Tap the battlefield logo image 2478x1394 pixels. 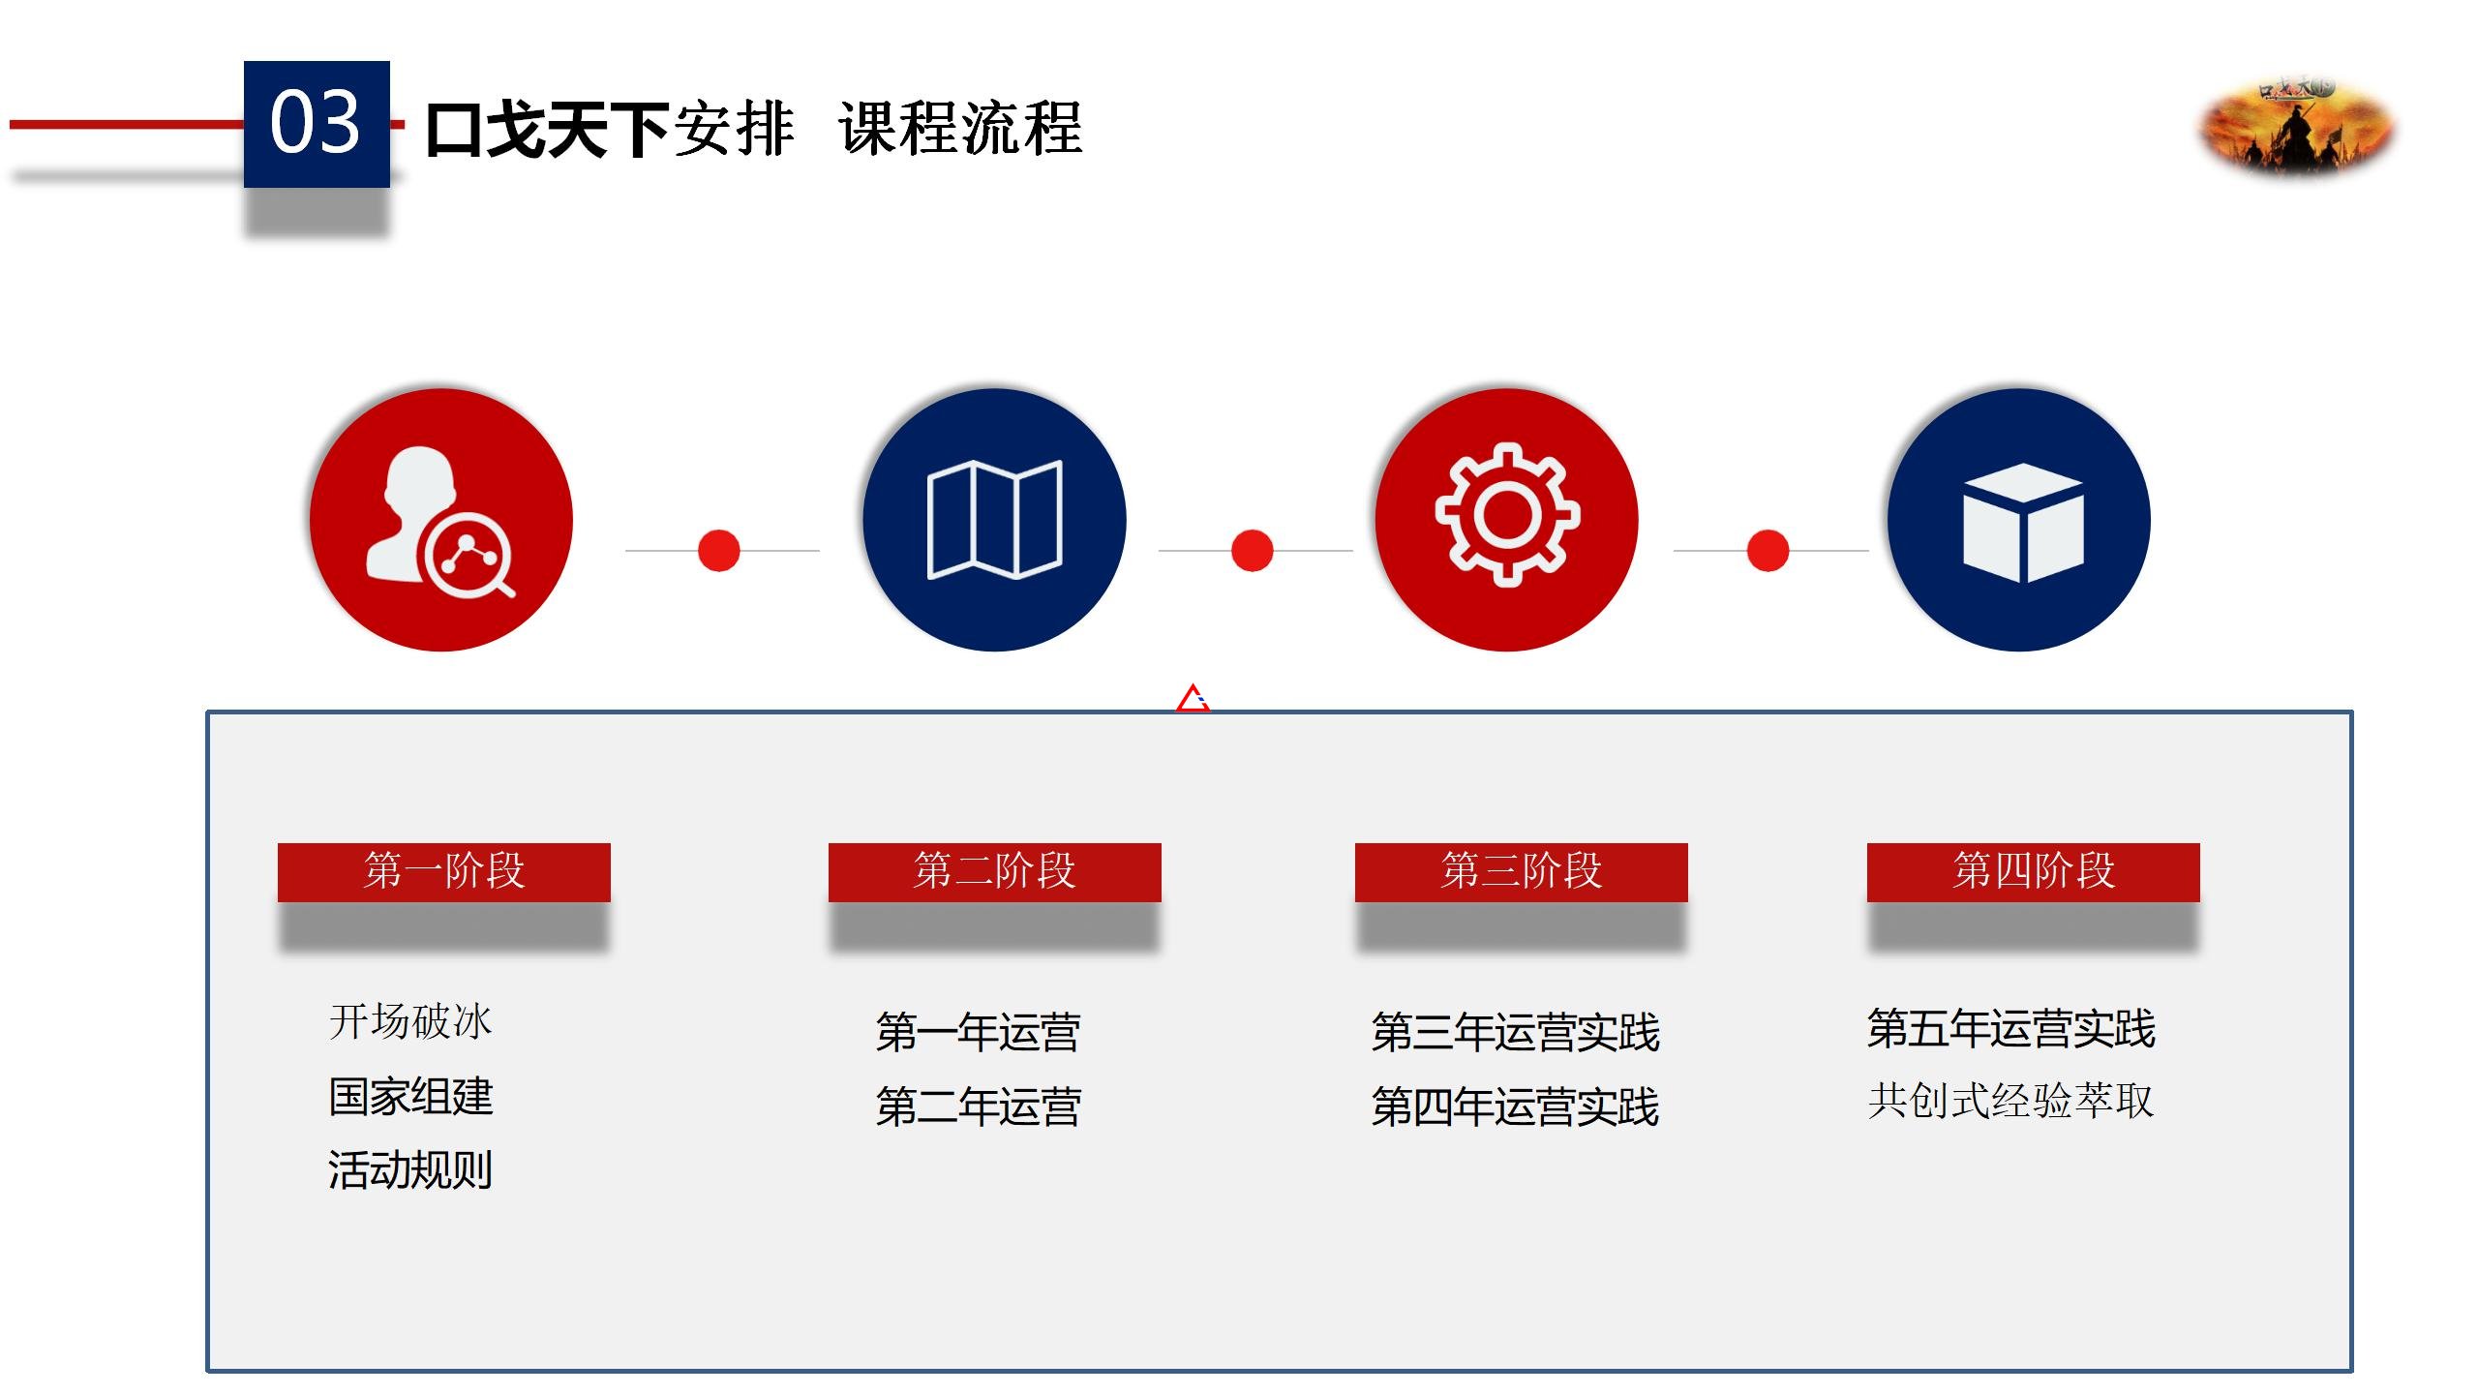(x=2297, y=127)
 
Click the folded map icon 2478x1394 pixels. (x=994, y=520)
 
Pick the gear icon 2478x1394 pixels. (x=1506, y=514)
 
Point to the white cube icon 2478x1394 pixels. (x=2023, y=523)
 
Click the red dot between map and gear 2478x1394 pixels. (x=1252, y=551)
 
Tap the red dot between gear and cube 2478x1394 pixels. (x=1768, y=551)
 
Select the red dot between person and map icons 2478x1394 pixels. (x=718, y=551)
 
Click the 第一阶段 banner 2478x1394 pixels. (x=444, y=872)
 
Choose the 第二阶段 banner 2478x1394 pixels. (x=994, y=872)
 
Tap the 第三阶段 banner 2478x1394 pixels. (x=1521, y=872)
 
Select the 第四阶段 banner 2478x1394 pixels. (x=2033, y=872)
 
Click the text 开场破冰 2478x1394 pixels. (x=410, y=1022)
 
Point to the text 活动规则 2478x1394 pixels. (x=410, y=1169)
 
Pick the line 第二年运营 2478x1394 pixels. (x=978, y=1106)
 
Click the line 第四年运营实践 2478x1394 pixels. (x=1515, y=1106)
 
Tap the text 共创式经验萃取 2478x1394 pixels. (x=2010, y=1101)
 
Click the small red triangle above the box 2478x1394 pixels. (x=1193, y=698)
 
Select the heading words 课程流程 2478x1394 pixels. (x=960, y=129)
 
